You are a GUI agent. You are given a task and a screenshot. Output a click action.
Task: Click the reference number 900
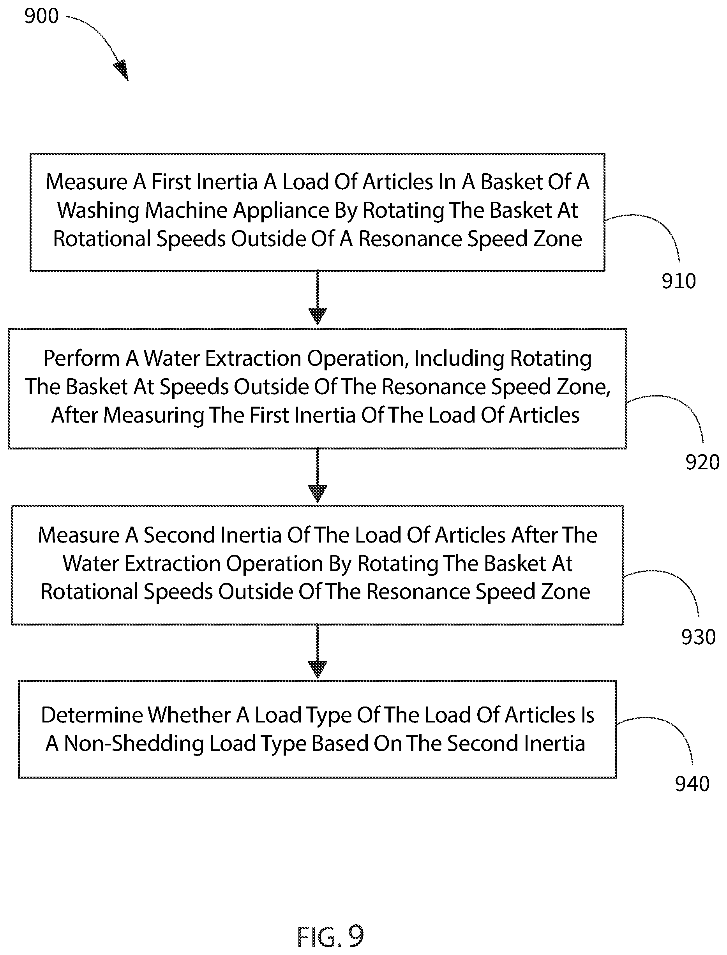coord(42,16)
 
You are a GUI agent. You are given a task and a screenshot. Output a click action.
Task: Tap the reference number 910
coord(679,281)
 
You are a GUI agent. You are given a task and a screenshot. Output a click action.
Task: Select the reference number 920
coord(702,462)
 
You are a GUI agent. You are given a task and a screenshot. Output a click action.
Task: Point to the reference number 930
coord(698,637)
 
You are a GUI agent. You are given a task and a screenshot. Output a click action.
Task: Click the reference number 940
coord(692,784)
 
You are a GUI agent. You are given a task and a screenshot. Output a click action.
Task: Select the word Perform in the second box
coord(81,359)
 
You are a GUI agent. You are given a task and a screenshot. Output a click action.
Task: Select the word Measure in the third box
coord(79,536)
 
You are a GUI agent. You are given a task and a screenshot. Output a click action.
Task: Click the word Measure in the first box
coord(86,182)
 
